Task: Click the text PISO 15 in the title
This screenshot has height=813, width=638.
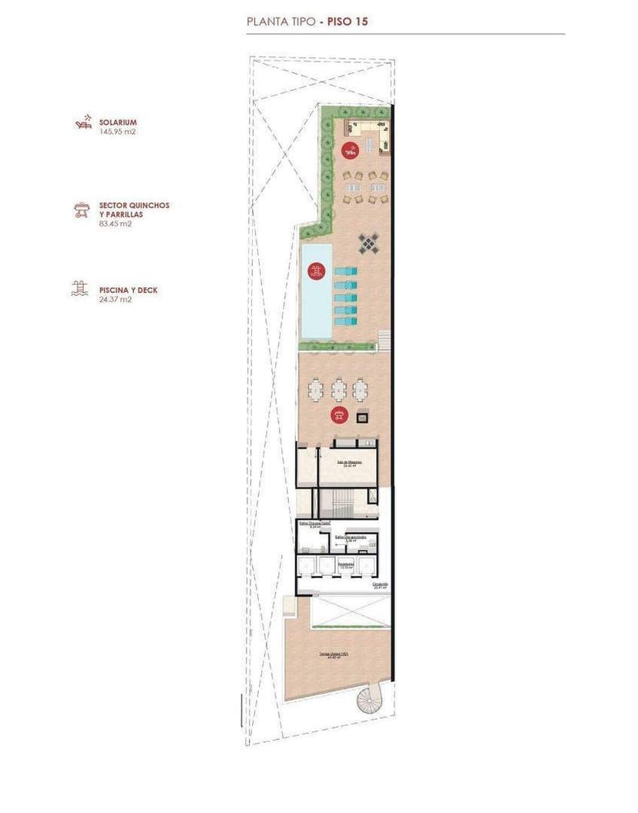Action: click(x=348, y=22)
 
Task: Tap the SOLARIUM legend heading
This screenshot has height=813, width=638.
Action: click(x=118, y=123)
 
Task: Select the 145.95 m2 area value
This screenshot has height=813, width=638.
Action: click(x=117, y=132)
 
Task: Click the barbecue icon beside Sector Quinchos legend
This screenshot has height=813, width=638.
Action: click(x=79, y=210)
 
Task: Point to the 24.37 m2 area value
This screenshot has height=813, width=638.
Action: click(x=115, y=300)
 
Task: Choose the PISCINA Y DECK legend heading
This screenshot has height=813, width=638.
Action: click(x=128, y=291)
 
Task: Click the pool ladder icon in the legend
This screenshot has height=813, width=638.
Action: click(x=79, y=290)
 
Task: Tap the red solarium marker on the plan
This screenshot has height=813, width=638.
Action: click(x=350, y=149)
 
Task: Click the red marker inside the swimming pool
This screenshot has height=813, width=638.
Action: click(x=314, y=271)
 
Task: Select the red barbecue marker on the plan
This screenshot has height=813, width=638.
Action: click(x=338, y=415)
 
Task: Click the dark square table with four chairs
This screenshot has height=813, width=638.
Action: click(x=369, y=244)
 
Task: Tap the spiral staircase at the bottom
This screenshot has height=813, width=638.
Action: click(x=369, y=700)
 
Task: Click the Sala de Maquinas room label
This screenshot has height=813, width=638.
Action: click(x=350, y=463)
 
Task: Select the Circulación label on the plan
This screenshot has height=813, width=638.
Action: click(x=380, y=585)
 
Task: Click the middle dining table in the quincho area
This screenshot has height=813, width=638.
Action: click(x=339, y=388)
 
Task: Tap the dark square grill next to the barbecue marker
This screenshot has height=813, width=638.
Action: click(x=361, y=416)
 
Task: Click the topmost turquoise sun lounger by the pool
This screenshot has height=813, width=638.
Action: click(x=345, y=271)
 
